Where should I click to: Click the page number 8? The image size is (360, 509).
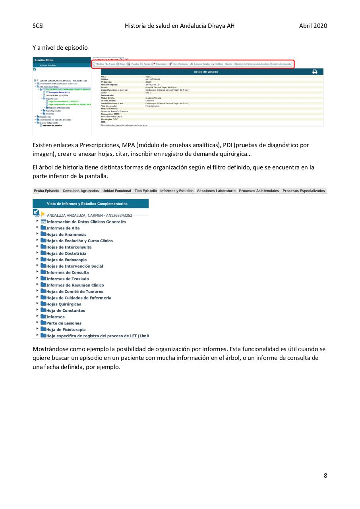[325, 475]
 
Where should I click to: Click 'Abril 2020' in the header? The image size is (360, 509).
[313, 26]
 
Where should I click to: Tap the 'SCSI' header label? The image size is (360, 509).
[38, 26]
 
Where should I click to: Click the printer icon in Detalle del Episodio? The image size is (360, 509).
[315, 72]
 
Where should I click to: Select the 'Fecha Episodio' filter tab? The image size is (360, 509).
[46, 191]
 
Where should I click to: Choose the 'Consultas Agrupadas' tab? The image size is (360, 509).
[81, 191]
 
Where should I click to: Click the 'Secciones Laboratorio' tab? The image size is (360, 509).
[216, 191]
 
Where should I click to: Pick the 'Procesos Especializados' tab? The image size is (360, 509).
[304, 191]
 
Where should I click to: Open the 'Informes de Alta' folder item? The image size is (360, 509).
[63, 228]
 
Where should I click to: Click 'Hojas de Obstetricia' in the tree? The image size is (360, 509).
[66, 254]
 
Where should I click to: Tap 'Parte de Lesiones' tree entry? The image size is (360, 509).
[64, 323]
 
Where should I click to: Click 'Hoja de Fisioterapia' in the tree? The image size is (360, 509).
[66, 330]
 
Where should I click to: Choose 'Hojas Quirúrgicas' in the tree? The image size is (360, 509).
[64, 304]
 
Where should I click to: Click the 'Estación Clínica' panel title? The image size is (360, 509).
[44, 60]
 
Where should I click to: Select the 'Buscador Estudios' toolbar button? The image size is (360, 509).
[200, 64]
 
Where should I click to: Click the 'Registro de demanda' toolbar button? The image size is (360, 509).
[281, 64]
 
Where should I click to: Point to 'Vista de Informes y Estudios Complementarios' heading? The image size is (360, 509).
[87, 204]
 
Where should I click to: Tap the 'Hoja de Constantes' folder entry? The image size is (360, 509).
[66, 311]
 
